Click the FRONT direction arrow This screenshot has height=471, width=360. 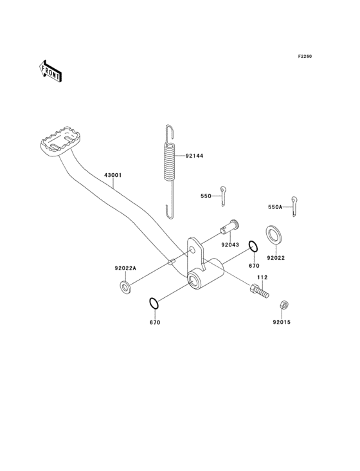click(x=51, y=70)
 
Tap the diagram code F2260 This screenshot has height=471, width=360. click(x=304, y=57)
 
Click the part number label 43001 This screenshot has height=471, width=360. click(x=113, y=174)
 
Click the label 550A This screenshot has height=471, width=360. click(x=275, y=207)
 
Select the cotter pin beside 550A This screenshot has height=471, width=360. click(x=294, y=205)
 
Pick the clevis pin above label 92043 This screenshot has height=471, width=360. click(x=231, y=228)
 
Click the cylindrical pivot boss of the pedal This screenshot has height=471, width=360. click(x=204, y=275)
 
